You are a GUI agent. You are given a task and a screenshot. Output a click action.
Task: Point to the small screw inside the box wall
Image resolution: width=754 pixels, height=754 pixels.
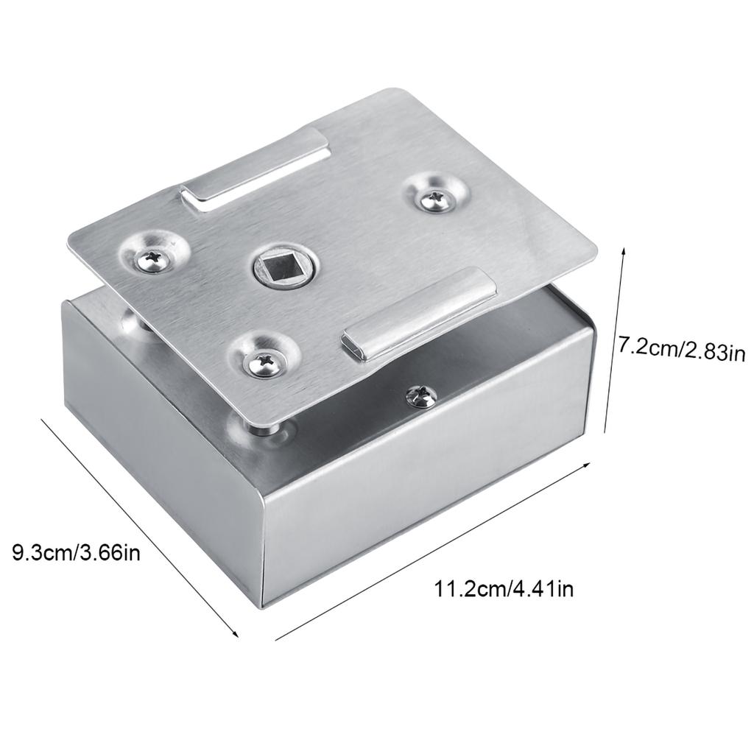click(420, 397)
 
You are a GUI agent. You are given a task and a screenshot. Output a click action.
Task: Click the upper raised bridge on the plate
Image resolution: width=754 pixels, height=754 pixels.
click(254, 169)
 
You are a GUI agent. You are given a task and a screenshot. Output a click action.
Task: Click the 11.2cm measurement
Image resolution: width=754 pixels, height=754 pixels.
click(468, 588)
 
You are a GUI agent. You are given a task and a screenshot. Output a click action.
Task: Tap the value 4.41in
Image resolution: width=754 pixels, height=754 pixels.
click(541, 588)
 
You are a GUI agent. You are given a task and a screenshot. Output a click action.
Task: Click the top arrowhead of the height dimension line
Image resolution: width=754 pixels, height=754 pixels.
click(624, 250)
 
